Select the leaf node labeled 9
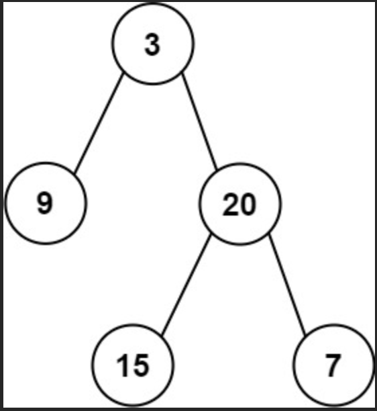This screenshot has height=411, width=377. point(46,202)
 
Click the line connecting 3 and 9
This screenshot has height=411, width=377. point(98,122)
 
